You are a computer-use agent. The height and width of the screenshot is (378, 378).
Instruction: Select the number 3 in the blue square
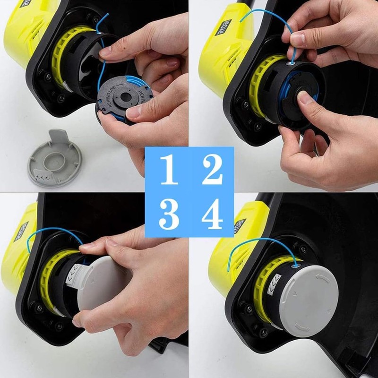(x=169, y=215)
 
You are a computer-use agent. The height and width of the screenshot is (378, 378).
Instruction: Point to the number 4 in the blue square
(x=212, y=215)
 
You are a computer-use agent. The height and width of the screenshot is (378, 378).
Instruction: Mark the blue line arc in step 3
(x=52, y=234)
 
